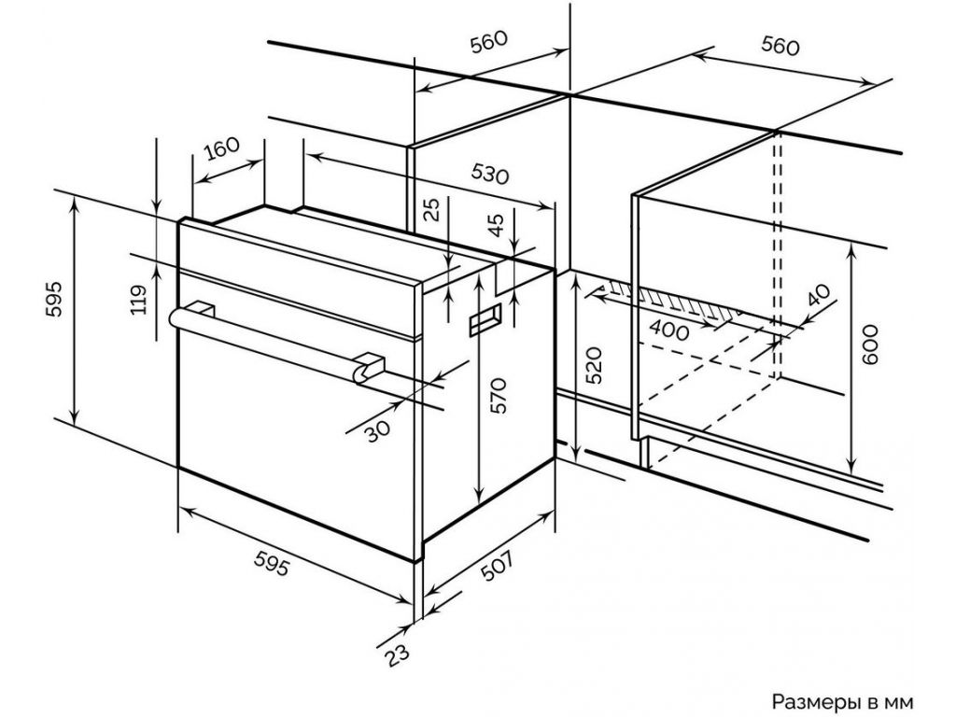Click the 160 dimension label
point(222,148)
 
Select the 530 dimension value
point(489,174)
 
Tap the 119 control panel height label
point(140,300)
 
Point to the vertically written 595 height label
point(54,298)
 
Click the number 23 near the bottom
point(397,656)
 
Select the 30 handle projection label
point(377,429)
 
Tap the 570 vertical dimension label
point(499,396)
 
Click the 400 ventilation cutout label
point(668,330)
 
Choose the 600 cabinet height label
point(870,344)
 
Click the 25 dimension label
point(431,209)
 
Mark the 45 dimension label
point(498,225)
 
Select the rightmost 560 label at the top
point(780,45)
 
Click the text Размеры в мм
point(843,702)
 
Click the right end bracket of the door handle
point(370,368)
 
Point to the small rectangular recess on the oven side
point(485,319)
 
